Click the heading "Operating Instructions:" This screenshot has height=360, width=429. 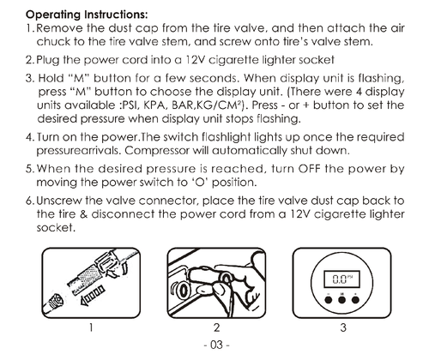tap(87, 15)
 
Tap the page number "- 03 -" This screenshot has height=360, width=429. tap(216, 345)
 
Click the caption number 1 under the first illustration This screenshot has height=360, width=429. tap(91, 327)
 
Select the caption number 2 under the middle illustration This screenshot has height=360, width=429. tap(216, 327)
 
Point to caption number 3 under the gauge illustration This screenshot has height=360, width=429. tap(343, 327)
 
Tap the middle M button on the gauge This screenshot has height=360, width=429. tap(341, 300)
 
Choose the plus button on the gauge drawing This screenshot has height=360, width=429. tap(355, 300)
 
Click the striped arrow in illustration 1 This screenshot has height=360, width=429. tap(93, 296)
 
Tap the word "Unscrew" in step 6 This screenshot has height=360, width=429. tap(59, 201)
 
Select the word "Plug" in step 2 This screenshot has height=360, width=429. tap(48, 61)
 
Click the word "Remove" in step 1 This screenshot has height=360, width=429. tap(60, 28)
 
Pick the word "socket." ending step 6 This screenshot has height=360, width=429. tap(56, 228)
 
